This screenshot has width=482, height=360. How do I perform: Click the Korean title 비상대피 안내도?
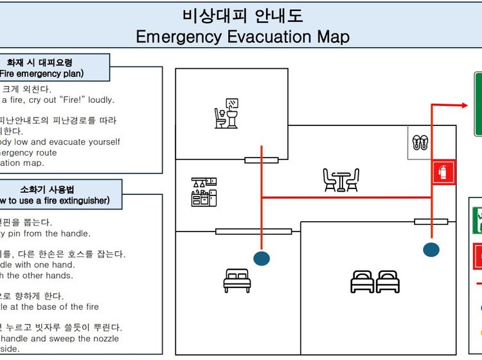point(242,15)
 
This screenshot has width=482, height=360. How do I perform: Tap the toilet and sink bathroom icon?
point(228,113)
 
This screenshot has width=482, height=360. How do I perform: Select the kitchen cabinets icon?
point(204,192)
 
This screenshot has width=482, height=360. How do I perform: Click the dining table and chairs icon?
point(341,180)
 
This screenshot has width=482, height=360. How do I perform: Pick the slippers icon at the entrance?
point(420,143)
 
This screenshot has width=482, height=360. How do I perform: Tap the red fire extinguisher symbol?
point(443,172)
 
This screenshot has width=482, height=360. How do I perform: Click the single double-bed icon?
point(237,281)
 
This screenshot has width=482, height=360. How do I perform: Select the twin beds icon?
point(375,281)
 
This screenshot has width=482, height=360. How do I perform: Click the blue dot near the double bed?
point(262,258)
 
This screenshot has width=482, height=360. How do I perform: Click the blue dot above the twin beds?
point(431,249)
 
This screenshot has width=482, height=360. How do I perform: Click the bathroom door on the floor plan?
point(262,160)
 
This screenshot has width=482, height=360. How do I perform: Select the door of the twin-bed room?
point(431,222)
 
